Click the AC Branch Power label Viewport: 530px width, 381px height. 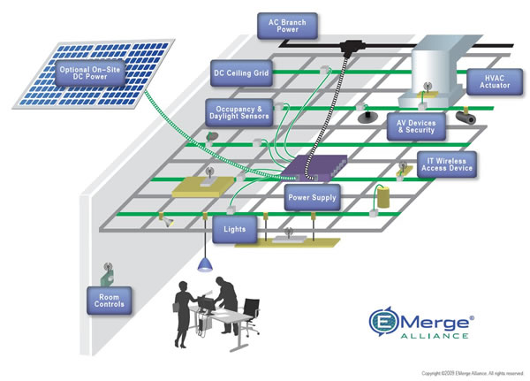tap(285, 25)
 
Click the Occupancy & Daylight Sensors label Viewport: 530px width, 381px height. tap(238, 113)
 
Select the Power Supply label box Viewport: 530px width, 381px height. tap(313, 198)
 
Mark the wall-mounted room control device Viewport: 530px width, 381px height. tap(105, 269)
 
